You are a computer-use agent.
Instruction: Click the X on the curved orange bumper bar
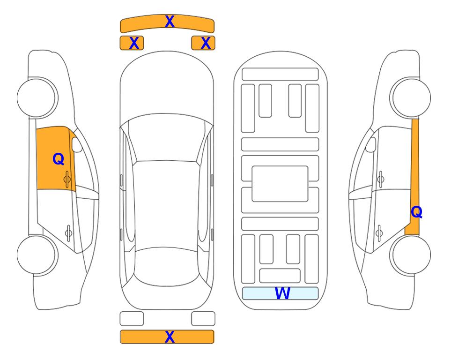point(170,22)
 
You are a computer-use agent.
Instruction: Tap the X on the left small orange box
point(134,43)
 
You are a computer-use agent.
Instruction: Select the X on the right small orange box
point(206,43)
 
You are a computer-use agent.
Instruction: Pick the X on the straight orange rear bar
point(170,337)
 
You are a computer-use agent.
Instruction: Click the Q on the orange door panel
point(59,159)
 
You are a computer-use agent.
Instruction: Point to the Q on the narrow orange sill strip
point(416,212)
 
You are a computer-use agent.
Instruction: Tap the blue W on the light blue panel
point(282,293)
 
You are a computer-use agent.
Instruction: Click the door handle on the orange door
point(67,179)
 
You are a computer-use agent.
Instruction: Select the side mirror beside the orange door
point(77,144)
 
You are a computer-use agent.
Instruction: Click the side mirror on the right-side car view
point(371,144)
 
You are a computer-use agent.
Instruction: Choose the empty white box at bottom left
point(132,319)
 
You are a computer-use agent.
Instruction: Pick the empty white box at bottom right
point(203,319)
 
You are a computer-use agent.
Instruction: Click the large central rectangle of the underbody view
point(280,184)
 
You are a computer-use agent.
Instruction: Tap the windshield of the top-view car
point(167,138)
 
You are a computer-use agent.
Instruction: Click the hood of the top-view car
point(167,86)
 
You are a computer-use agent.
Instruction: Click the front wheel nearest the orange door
point(37,97)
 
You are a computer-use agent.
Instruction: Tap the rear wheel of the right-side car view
point(410,255)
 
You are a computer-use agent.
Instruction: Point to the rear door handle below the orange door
point(68,232)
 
